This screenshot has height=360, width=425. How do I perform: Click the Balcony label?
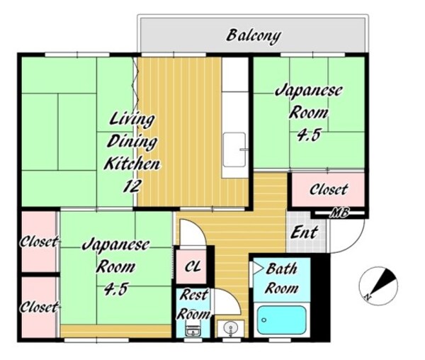click(x=253, y=35)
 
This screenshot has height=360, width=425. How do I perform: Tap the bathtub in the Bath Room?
click(x=281, y=320)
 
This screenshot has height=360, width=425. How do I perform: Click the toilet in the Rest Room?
click(x=193, y=328)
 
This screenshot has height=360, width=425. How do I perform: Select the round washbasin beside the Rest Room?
click(x=231, y=328)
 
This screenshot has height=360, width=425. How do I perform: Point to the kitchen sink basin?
click(x=234, y=150)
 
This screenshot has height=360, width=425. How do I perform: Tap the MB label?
click(x=339, y=213)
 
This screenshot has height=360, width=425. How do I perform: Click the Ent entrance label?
click(x=304, y=232)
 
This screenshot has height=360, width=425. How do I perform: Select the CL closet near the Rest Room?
click(x=193, y=266)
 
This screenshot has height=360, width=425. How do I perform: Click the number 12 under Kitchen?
click(x=132, y=186)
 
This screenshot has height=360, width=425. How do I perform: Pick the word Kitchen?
click(x=132, y=164)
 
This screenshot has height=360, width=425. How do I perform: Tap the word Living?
click(x=132, y=120)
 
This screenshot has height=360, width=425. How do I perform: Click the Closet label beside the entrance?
click(x=329, y=189)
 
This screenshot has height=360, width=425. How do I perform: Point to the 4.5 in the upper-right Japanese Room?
click(x=309, y=134)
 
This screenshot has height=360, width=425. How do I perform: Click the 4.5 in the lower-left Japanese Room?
click(x=115, y=288)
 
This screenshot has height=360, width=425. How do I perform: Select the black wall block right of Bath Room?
click(x=320, y=298)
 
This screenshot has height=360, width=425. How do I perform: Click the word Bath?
click(x=281, y=269)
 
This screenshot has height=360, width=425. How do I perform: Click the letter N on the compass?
click(x=367, y=297)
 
